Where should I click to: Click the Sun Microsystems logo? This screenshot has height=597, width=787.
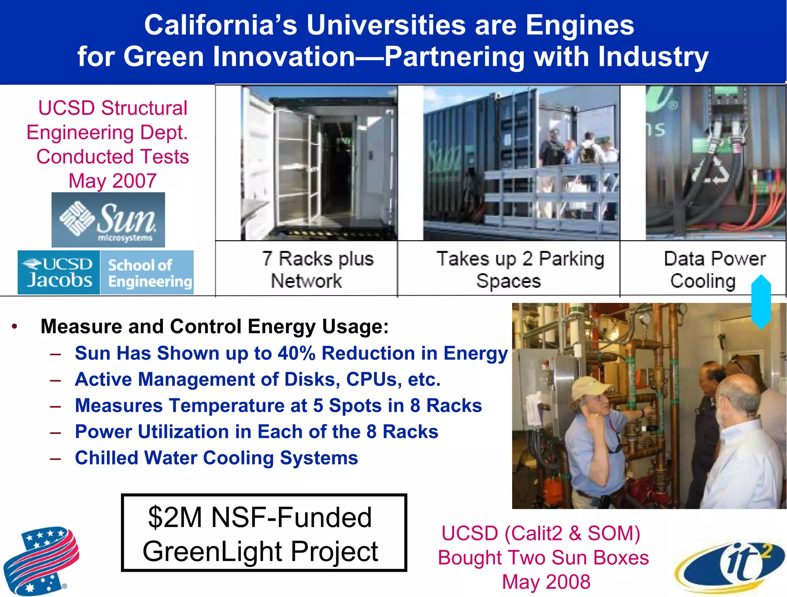[108, 220]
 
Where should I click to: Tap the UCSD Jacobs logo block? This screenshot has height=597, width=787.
[59, 272]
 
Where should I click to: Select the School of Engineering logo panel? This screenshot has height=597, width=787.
[147, 273]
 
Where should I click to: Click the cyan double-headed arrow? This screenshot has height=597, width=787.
[761, 301]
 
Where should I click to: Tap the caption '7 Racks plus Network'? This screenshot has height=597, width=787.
[318, 269]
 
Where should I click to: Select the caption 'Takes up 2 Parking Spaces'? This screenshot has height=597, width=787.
[520, 269]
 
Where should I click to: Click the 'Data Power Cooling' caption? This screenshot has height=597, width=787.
[707, 269]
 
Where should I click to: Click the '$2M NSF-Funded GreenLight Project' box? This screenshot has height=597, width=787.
[264, 533]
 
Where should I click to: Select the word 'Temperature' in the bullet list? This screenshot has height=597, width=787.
[238, 406]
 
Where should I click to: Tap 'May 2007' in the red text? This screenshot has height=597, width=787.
[113, 180]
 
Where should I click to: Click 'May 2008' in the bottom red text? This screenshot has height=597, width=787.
[546, 582]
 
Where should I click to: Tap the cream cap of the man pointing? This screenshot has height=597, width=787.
[588, 386]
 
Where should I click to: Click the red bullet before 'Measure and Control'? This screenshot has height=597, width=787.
[15, 327]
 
